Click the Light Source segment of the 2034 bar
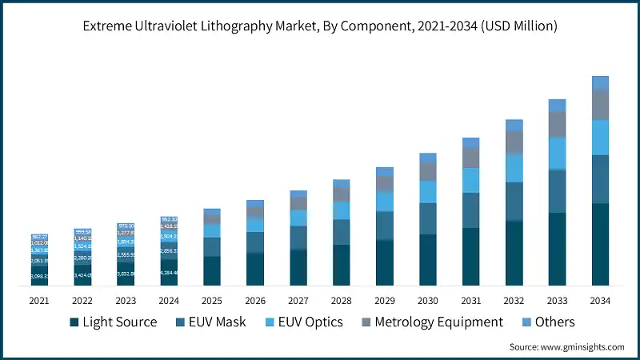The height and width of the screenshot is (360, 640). [600, 245]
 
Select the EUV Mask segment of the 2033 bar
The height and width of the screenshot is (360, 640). [557, 191]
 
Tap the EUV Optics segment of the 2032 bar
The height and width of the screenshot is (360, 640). [514, 167]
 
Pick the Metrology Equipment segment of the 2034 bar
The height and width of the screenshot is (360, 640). [600, 105]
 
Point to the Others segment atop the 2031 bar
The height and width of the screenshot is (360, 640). [470, 142]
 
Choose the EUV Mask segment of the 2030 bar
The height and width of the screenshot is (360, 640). [428, 218]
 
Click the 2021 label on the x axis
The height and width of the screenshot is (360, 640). [39, 301]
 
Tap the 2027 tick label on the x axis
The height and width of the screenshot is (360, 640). [298, 301]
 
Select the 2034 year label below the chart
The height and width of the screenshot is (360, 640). [600, 301]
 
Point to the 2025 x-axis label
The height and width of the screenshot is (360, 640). [212, 301]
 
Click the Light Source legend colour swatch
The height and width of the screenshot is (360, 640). [74, 322]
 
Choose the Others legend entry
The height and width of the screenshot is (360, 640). [555, 322]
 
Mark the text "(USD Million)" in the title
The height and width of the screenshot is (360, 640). [516, 26]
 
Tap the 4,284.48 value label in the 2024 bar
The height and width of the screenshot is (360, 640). [169, 273]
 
